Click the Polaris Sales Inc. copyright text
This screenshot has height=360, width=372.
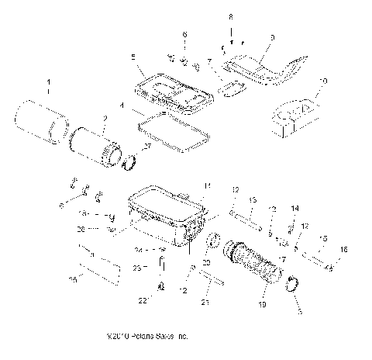pos(149,337)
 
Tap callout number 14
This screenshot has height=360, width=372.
pos(294,209)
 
